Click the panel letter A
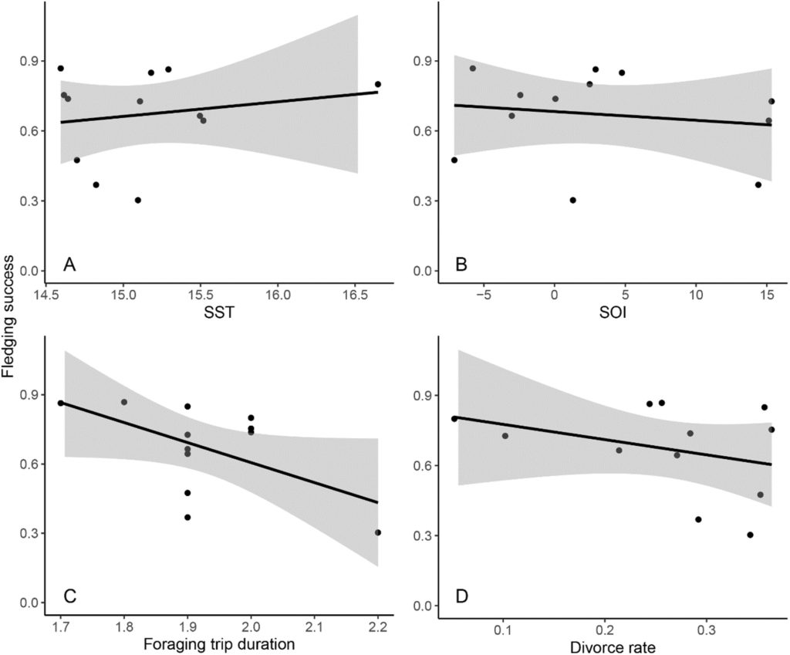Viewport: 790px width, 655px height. [x=69, y=266]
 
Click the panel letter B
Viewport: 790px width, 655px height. [x=462, y=266]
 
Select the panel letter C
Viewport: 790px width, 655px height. [x=69, y=597]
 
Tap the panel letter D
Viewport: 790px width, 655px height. [x=463, y=597]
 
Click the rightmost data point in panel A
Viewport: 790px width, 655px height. [x=378, y=84]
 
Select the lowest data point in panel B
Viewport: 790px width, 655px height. [x=572, y=200]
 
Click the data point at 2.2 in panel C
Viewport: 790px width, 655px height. [x=378, y=532]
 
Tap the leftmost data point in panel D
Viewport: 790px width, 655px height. [x=454, y=419]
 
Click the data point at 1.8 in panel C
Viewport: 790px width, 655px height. [x=124, y=402]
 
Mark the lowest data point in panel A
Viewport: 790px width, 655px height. [x=138, y=200]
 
